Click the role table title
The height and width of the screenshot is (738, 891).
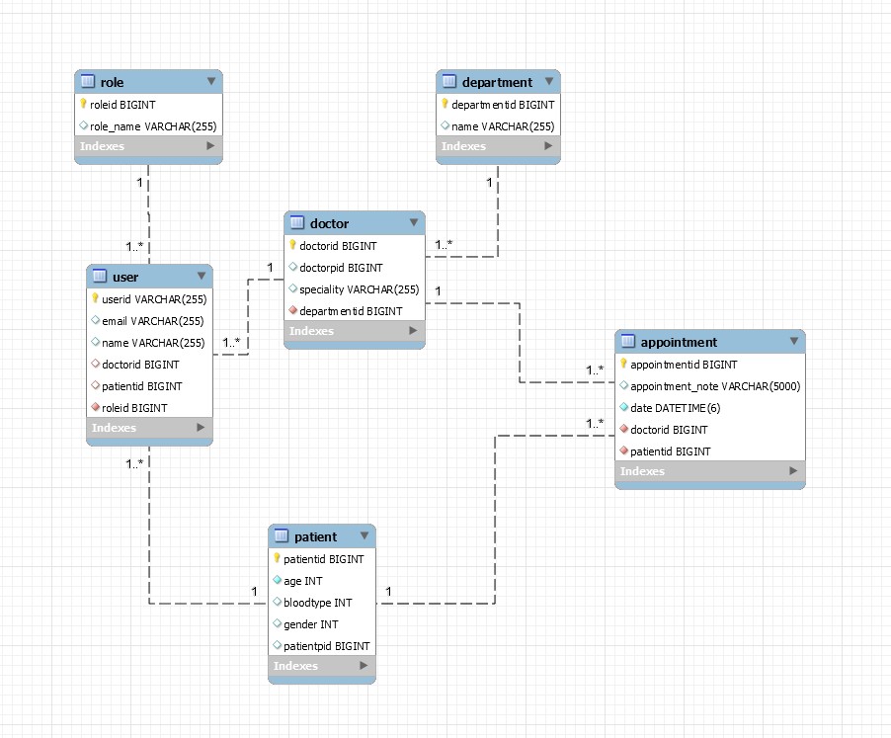[x=112, y=82]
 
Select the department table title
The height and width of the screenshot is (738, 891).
[x=497, y=82]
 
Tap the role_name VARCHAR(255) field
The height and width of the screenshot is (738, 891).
[x=153, y=126]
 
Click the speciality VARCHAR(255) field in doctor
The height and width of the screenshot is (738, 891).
[x=359, y=289]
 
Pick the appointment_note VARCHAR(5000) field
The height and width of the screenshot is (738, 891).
[x=714, y=386]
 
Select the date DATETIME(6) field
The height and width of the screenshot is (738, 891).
[x=675, y=408]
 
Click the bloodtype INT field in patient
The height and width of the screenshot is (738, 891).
[x=317, y=603]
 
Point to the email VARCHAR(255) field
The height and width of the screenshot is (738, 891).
[x=153, y=321]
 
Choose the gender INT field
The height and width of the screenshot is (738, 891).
[x=310, y=624]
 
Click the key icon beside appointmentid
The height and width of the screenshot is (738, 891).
[x=623, y=365]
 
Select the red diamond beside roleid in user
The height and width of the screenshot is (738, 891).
[x=95, y=407]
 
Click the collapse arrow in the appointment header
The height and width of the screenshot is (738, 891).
[x=794, y=342]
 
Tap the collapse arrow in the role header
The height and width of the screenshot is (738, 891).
[x=211, y=82]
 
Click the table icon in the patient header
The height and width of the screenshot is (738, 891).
[x=281, y=536]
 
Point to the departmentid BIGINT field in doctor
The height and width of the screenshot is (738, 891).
[x=351, y=311]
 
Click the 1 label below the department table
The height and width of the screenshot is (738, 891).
[x=488, y=183]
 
